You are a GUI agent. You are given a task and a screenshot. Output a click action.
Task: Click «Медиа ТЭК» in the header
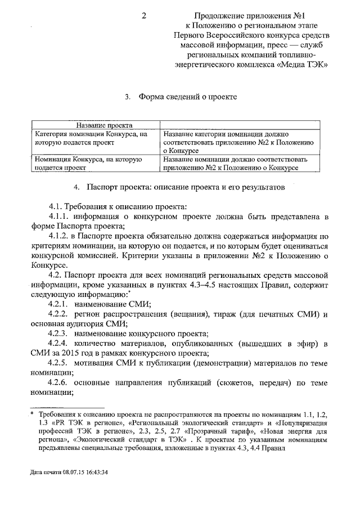coord(300,64)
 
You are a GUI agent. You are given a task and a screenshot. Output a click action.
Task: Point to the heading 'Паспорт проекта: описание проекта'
coord(186,186)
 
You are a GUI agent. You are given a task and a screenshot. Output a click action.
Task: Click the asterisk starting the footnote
coord(33,414)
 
